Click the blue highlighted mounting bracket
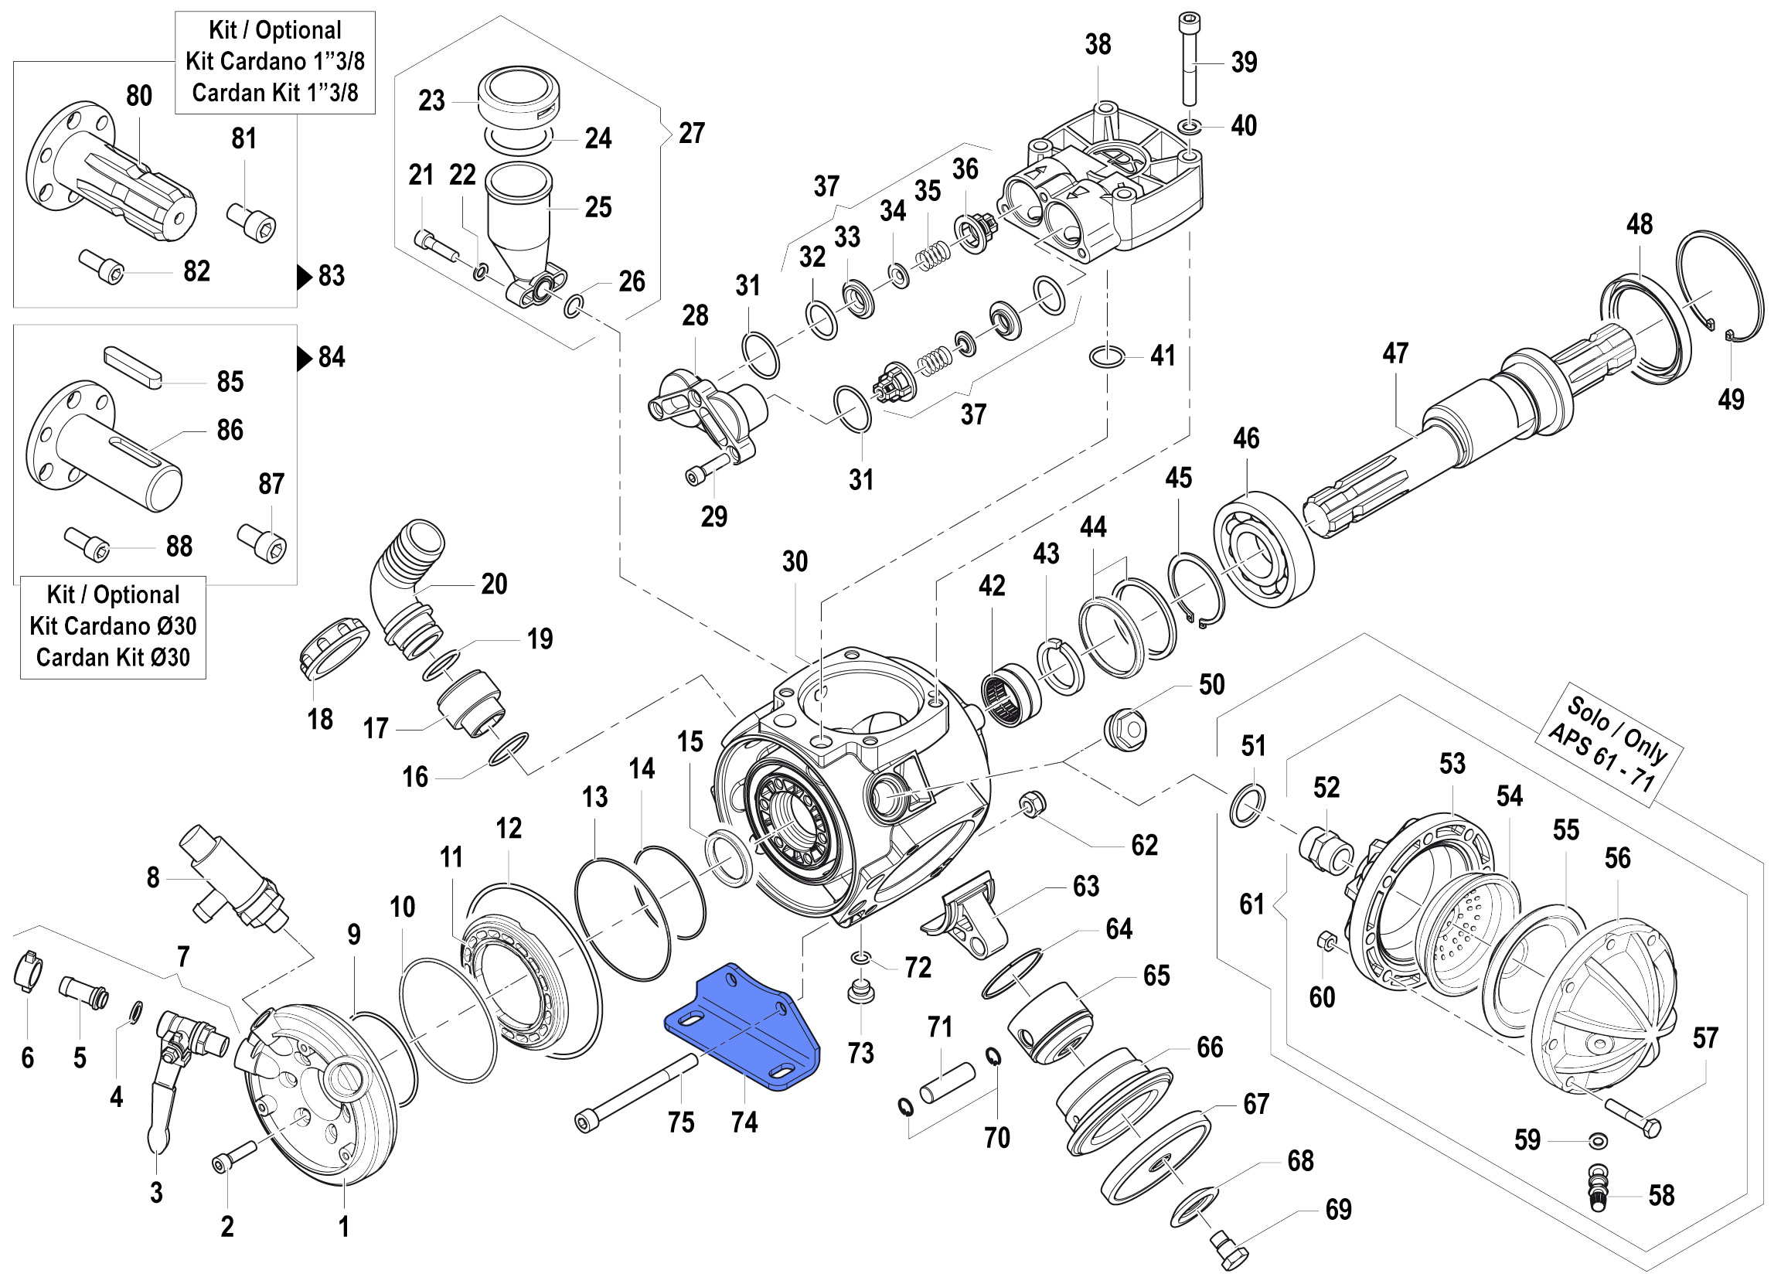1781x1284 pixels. (x=741, y=1029)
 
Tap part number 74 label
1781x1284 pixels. (x=744, y=1122)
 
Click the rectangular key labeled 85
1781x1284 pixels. (x=133, y=366)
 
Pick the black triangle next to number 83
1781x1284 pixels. (x=305, y=277)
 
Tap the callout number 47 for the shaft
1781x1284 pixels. (x=1395, y=353)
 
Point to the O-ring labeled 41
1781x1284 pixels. (x=1106, y=356)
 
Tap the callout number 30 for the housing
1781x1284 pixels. (x=795, y=561)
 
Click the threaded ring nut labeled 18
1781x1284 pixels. (x=333, y=648)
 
